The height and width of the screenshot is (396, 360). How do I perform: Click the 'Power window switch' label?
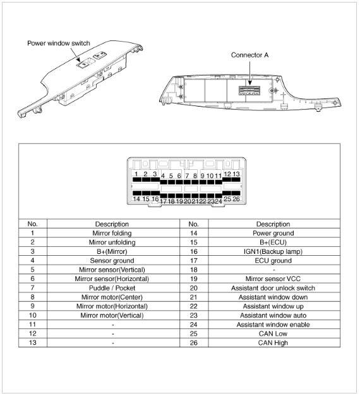(x=59, y=43)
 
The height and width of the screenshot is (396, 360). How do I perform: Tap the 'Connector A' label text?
(x=249, y=55)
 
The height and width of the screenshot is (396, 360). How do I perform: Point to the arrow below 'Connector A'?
(x=250, y=73)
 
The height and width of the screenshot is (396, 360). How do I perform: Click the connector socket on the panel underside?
(x=249, y=90)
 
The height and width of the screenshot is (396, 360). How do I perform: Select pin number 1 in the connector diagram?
(x=136, y=174)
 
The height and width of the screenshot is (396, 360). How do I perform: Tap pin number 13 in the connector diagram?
(x=236, y=174)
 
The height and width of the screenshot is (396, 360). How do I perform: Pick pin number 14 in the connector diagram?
(x=136, y=199)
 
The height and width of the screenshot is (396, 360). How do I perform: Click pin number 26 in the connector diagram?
(x=236, y=199)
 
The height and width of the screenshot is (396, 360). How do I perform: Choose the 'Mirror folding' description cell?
(x=112, y=233)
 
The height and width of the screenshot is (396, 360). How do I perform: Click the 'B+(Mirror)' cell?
(x=112, y=251)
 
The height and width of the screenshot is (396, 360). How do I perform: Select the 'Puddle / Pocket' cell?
(x=112, y=288)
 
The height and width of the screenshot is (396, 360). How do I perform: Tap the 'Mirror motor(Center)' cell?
(x=112, y=297)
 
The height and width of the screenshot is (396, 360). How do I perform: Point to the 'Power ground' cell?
(x=273, y=233)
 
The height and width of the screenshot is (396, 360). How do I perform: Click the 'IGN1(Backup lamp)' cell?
(x=273, y=251)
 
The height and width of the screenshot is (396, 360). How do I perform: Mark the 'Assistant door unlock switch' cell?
(x=273, y=288)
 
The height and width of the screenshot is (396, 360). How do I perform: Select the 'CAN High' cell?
(x=273, y=343)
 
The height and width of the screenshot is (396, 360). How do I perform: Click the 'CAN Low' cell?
(x=273, y=333)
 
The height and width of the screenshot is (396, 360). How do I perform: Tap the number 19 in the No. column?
(x=194, y=279)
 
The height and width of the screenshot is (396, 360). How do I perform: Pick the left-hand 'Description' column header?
(x=112, y=224)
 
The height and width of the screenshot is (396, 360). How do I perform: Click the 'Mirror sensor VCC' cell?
(x=273, y=279)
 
